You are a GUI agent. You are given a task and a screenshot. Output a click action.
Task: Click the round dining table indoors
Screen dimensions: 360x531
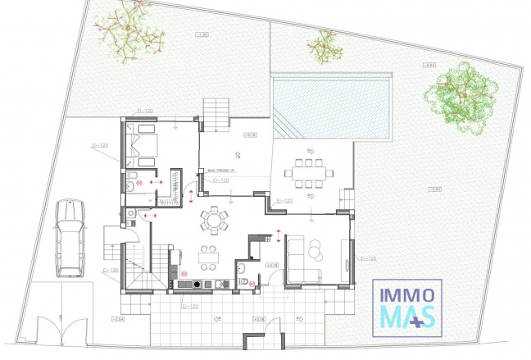click(215, 220)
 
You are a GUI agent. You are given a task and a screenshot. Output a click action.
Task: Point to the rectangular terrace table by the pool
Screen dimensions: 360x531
click(308, 173)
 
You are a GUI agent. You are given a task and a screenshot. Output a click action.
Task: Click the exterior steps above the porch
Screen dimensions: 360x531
click(217, 113)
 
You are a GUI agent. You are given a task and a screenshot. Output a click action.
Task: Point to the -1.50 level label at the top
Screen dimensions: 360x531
click(202, 34)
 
